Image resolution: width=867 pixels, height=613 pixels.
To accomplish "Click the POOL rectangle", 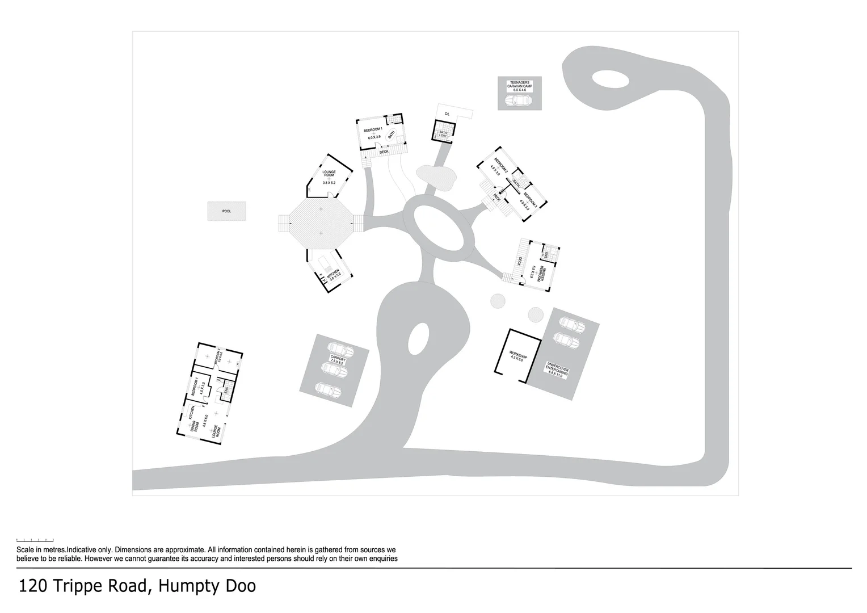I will point(226,211).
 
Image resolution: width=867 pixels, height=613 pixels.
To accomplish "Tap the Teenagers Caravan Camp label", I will point(520,86).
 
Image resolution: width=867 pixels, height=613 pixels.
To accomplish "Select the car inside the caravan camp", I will point(517,101).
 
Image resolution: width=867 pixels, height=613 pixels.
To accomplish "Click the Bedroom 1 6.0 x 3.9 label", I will point(373,133).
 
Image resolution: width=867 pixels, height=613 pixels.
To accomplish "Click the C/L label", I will point(447,115).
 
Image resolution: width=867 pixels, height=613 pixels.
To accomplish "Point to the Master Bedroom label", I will point(542,274).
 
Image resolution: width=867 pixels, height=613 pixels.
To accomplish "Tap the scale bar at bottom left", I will point(35,540).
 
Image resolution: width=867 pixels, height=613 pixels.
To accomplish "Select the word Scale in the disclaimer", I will point(25,550).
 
